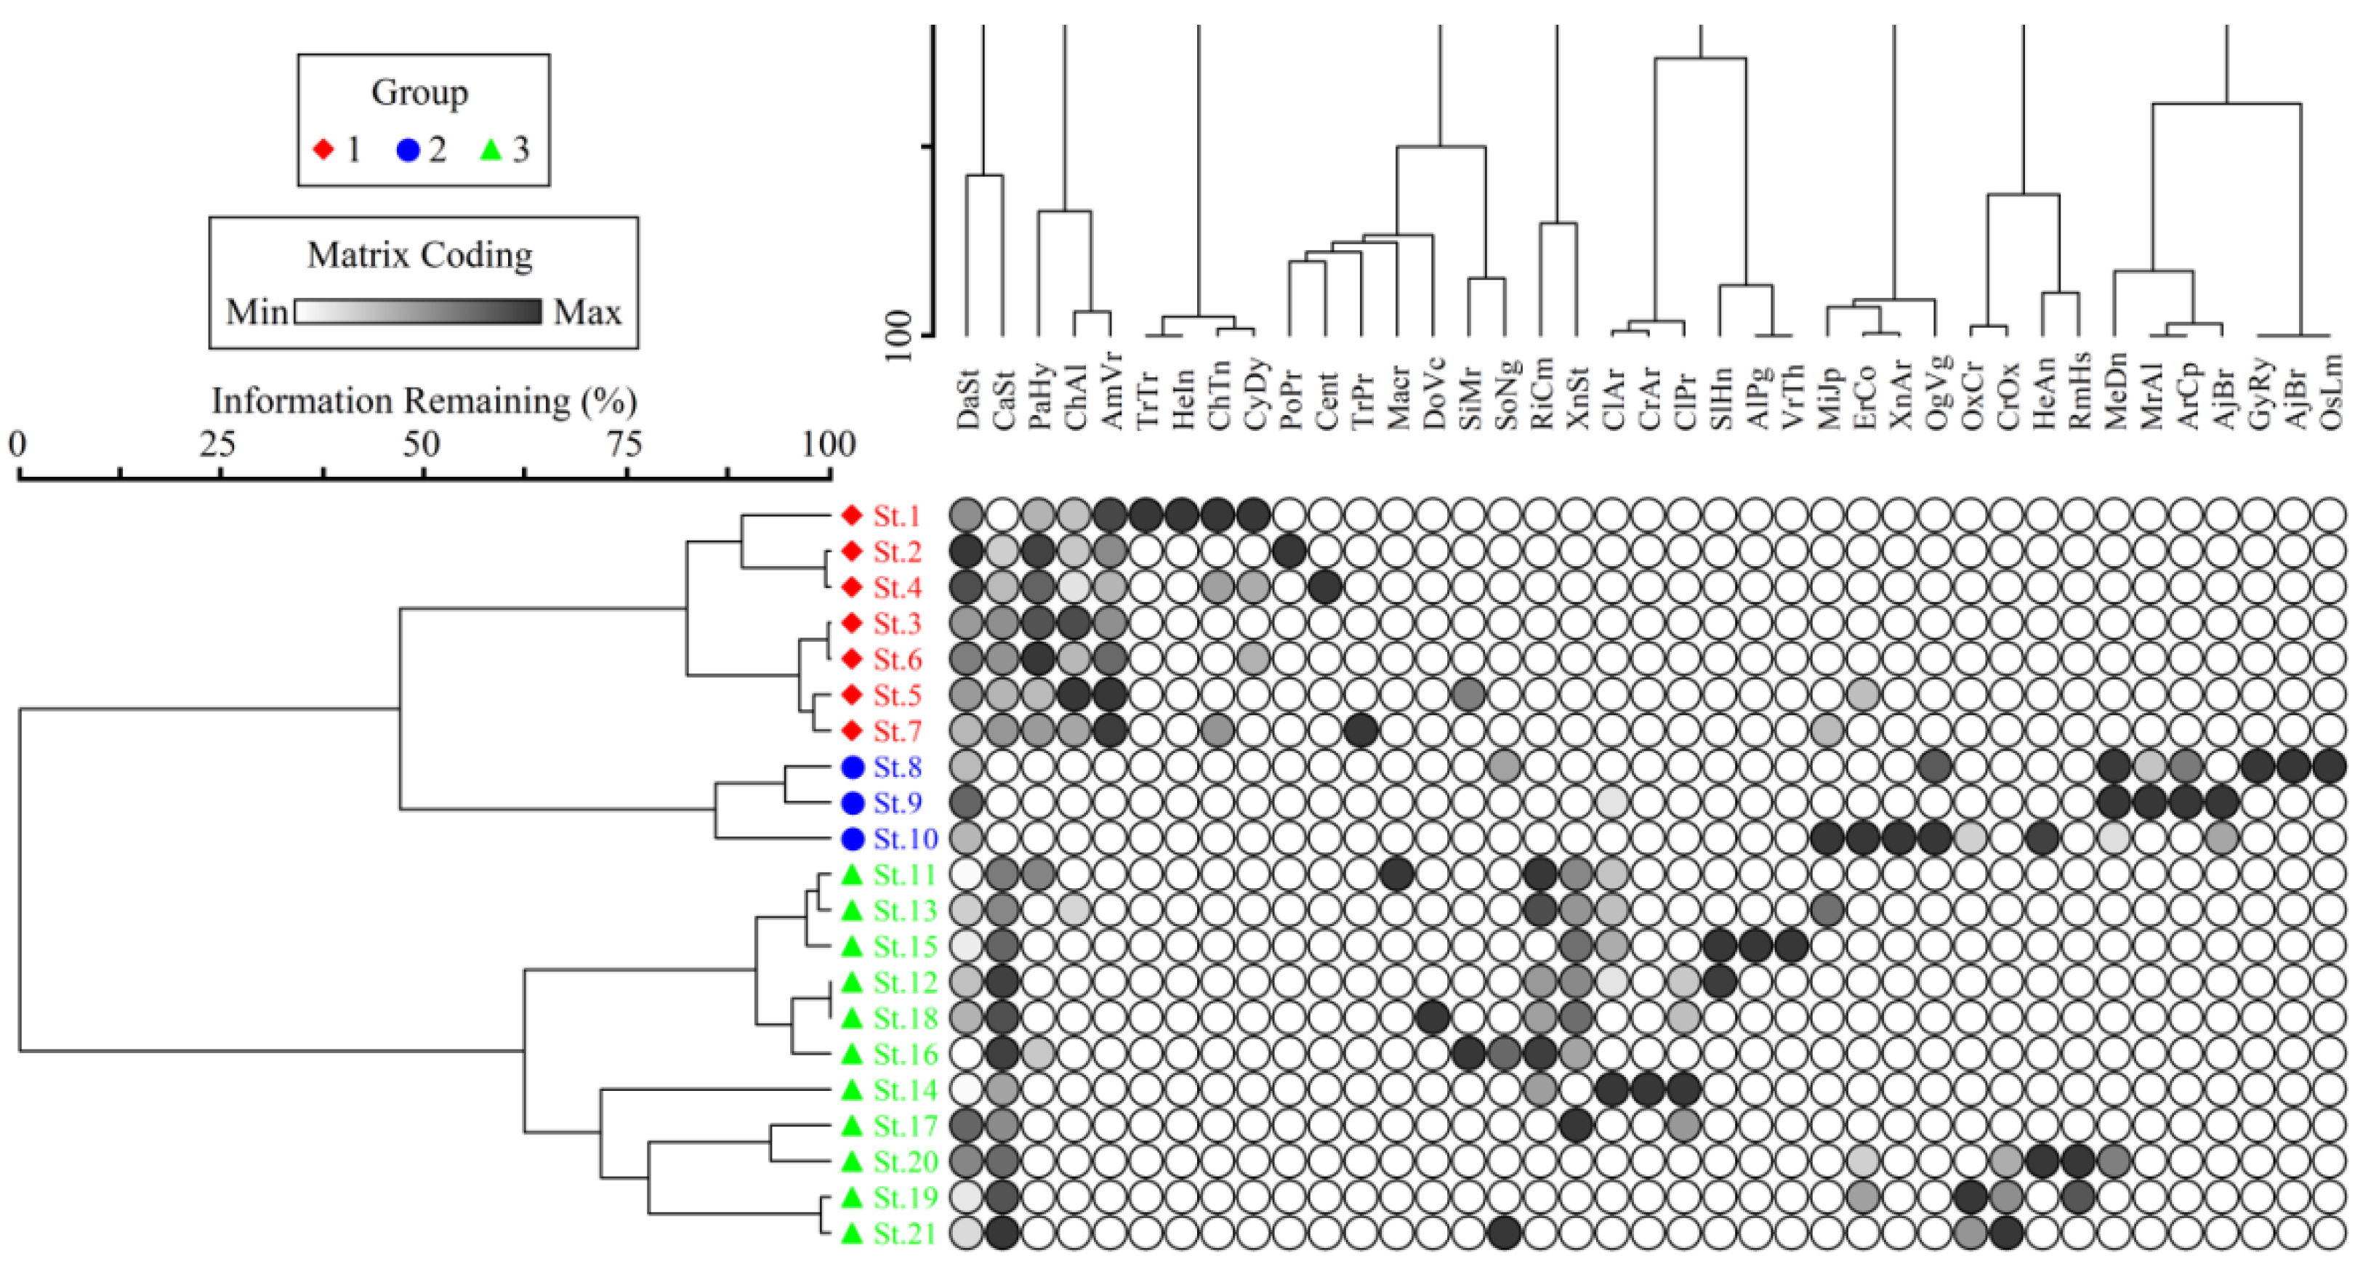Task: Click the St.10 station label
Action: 905,839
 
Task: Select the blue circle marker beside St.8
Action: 853,768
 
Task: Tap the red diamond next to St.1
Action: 852,516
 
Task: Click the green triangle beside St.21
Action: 852,1233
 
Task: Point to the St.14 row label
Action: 905,1090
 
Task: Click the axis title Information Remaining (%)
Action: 423,400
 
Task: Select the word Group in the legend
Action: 419,92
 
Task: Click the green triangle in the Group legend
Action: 492,148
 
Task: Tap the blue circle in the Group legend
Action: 408,149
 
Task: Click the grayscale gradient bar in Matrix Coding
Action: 419,312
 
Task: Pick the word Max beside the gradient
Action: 587,313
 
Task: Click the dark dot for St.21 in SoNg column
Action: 1505,1233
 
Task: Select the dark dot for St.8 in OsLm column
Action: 2330,768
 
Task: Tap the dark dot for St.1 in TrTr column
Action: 1146,516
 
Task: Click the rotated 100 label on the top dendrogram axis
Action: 901,336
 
